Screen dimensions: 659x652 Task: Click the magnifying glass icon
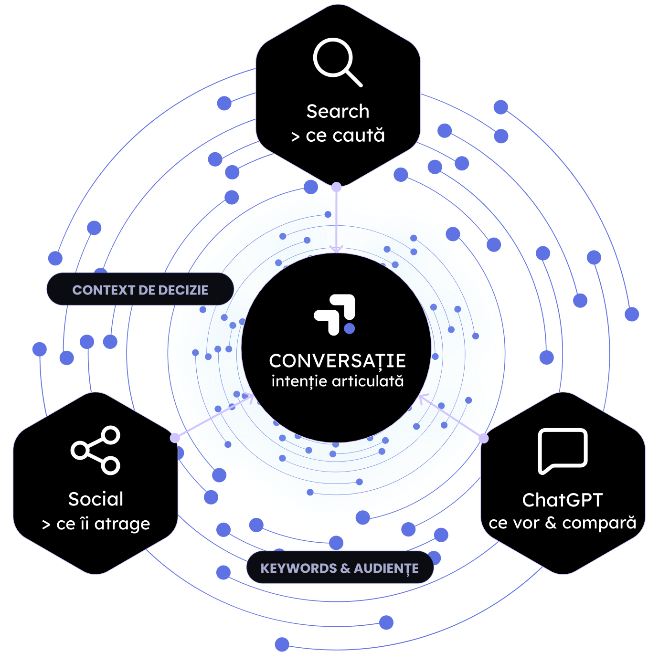tap(337, 62)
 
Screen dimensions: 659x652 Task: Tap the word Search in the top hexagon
tap(338, 111)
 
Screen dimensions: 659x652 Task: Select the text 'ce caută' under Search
tap(345, 135)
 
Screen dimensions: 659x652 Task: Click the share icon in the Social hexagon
tap(96, 450)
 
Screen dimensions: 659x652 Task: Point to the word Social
tap(96, 499)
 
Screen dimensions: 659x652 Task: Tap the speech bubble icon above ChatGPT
tap(563, 451)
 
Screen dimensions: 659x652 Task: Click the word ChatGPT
tap(562, 500)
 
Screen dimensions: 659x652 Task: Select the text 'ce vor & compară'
tap(562, 523)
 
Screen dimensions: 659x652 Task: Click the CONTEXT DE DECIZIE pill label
tap(140, 290)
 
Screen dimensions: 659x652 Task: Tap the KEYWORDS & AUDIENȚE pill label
tap(340, 568)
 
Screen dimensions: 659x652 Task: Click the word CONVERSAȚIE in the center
tap(338, 361)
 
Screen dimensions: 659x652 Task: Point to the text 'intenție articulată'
tap(338, 381)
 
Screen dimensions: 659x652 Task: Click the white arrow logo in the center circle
tap(334, 315)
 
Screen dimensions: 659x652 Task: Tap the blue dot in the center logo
tap(349, 328)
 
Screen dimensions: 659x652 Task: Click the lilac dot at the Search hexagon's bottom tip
tap(337, 187)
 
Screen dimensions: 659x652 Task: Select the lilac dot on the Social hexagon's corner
tap(175, 438)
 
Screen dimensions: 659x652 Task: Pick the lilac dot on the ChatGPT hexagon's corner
tap(484, 438)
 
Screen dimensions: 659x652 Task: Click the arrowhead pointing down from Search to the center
tap(337, 249)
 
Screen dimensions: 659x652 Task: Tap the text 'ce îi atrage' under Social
tap(103, 524)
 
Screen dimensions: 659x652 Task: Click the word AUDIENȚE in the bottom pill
tap(386, 568)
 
